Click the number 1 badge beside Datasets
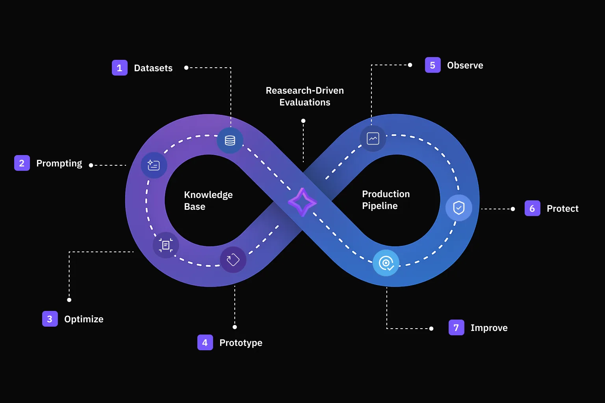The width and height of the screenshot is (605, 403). pos(119,68)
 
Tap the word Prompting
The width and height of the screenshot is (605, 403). pos(59,163)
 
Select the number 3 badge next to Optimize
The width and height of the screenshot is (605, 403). pos(50,319)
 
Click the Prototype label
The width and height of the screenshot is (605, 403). pos(241,343)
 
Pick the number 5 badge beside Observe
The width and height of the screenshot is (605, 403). pos(432,65)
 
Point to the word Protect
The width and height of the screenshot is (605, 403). pos(562,209)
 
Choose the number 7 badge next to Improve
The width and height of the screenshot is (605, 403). pos(456,327)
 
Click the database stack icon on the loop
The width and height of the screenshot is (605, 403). pos(230,140)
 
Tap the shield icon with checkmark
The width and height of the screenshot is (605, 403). pos(458,207)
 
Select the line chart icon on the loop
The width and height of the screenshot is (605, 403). pos(373,139)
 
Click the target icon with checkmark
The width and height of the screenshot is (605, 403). pos(386,263)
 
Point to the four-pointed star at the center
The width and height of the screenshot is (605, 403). pos(302,202)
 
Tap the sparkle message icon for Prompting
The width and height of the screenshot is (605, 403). pos(154,165)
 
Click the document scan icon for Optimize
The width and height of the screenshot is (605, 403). pos(166,245)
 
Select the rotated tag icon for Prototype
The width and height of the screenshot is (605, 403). pos(233,260)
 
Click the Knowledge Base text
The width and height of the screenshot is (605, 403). pos(208,201)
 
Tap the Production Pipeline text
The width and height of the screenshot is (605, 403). pos(386,200)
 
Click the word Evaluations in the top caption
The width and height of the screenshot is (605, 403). pos(304,102)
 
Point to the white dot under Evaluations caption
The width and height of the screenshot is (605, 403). pos(303,121)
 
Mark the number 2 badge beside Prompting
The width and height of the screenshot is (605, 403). pos(22,163)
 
